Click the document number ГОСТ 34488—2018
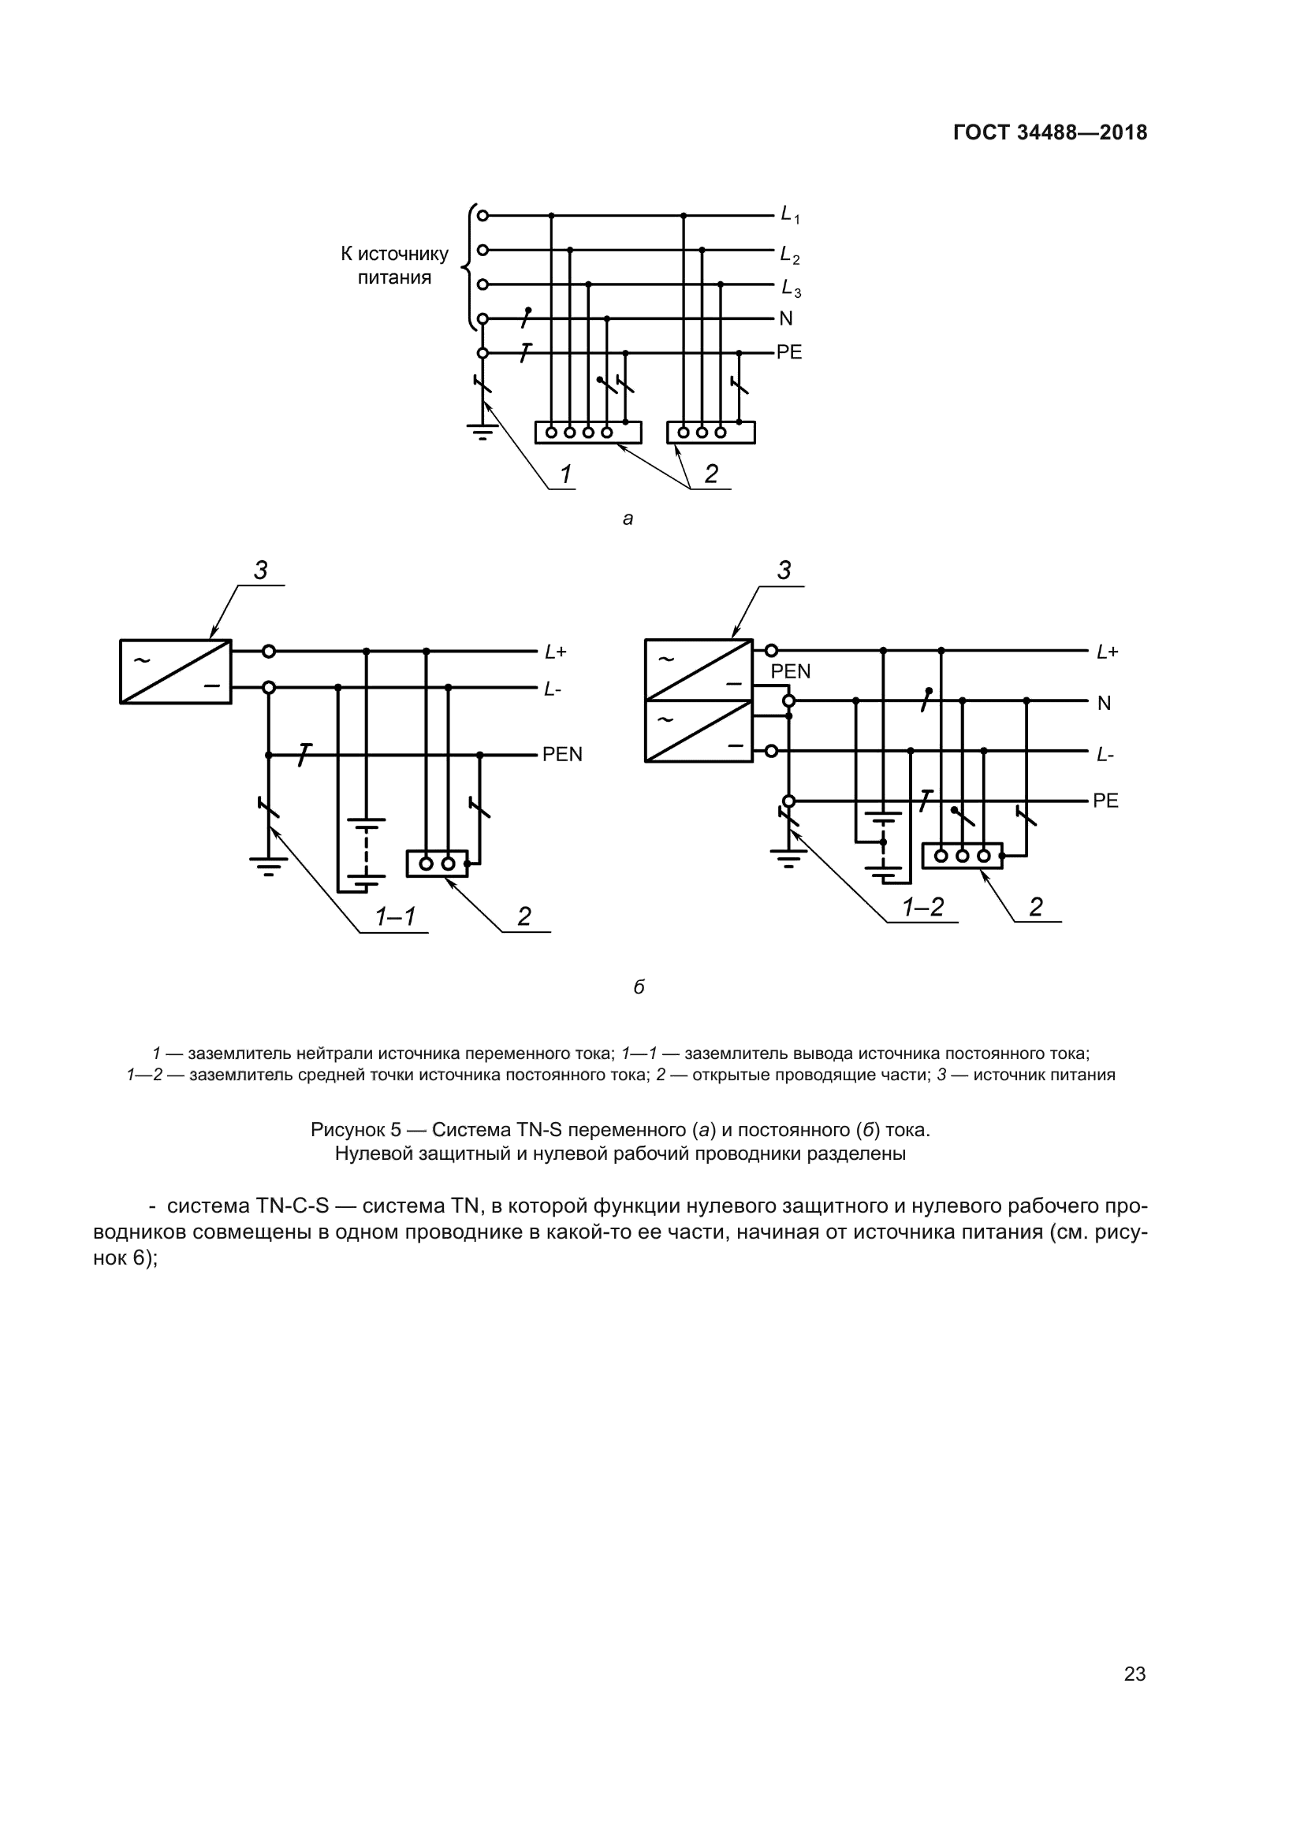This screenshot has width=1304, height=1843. click(x=1049, y=133)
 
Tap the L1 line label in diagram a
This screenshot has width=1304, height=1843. click(x=790, y=215)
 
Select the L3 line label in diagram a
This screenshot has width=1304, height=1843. click(x=790, y=288)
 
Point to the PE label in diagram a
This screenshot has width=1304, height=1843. click(x=788, y=352)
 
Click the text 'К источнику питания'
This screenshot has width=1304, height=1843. click(x=394, y=266)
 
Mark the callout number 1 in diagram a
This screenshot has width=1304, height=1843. click(x=566, y=474)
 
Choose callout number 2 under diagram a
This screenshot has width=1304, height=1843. click(x=711, y=474)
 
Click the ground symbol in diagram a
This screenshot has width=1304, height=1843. click(x=482, y=433)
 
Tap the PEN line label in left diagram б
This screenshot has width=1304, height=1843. click(x=562, y=755)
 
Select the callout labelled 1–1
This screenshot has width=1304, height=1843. click(x=395, y=916)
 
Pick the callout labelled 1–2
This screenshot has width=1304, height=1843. click(x=922, y=907)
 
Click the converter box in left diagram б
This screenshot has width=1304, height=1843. click(x=176, y=672)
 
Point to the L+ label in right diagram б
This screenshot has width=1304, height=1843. click(x=1107, y=652)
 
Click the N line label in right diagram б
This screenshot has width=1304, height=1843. click(x=1104, y=703)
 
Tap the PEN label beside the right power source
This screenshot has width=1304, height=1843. click(x=791, y=672)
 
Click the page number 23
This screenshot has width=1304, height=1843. click(x=1134, y=1674)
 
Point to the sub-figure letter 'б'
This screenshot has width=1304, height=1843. click(x=639, y=987)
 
